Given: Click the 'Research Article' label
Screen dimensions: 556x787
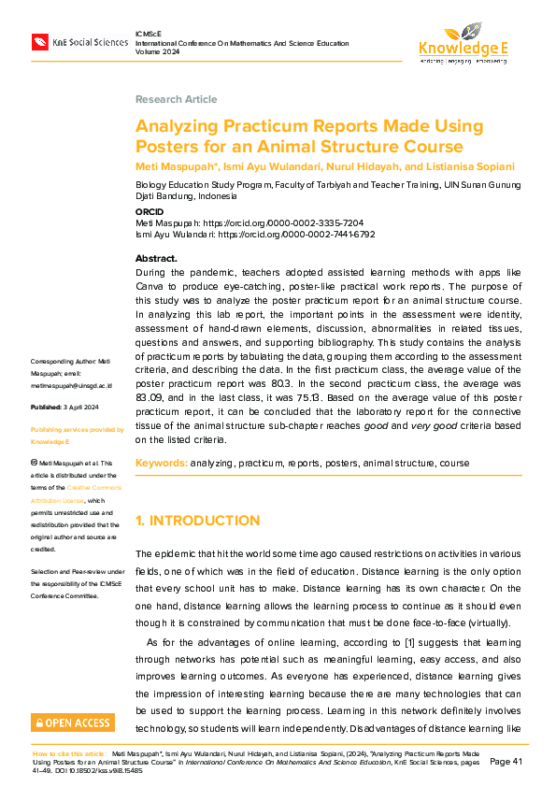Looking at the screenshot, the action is [x=176, y=99].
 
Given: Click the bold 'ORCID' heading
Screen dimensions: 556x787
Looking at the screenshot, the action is [x=150, y=213].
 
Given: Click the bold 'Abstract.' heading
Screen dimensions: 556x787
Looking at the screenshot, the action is [x=156, y=258].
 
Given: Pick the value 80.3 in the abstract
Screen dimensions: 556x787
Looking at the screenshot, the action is [x=324, y=382].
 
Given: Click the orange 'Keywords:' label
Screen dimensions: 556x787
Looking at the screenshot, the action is [x=161, y=464].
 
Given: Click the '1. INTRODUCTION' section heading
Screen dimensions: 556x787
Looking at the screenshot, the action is [x=197, y=521].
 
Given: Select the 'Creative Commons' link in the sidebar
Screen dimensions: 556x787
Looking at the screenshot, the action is [x=93, y=488].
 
